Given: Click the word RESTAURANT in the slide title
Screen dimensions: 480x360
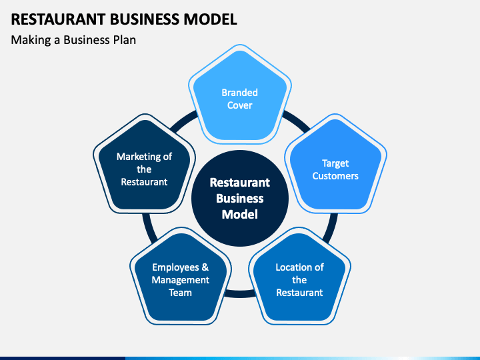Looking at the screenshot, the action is tap(58, 19).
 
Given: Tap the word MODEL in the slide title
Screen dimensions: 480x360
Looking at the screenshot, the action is tap(210, 19).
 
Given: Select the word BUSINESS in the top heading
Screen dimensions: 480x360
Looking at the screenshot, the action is tap(145, 19).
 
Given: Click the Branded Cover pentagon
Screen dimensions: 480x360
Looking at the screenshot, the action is tap(240, 94).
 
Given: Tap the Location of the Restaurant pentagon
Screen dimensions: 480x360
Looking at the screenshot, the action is tap(299, 277).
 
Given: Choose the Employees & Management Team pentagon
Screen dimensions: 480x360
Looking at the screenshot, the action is tap(180, 277).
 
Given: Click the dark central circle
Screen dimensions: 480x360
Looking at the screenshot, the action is tap(240, 199).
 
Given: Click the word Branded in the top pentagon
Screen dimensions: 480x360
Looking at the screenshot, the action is tap(240, 93).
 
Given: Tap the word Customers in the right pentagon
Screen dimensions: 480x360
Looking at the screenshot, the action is tap(335, 176).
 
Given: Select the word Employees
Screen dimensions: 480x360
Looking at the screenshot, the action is tap(175, 267).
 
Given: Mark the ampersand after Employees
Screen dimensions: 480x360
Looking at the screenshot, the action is tap(205, 267).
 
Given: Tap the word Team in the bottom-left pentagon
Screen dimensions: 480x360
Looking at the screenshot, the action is tap(180, 293).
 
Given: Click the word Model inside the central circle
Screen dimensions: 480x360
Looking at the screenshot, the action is tap(240, 214).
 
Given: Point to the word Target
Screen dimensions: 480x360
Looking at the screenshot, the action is tap(335, 164).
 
